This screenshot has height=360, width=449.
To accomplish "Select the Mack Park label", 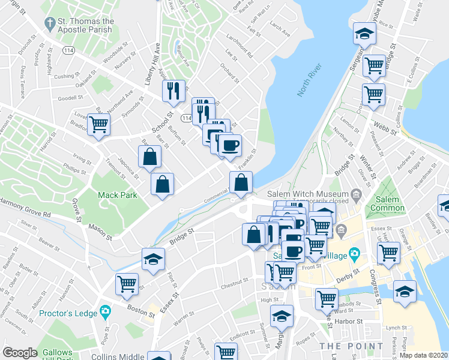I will pyautogui.click(x=118, y=195).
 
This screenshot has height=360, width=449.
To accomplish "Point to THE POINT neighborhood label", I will pyautogui.click(x=351, y=346).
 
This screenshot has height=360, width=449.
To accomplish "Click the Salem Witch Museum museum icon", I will pyautogui.click(x=357, y=194).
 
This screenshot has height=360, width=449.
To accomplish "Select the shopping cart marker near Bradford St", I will pyautogui.click(x=98, y=125).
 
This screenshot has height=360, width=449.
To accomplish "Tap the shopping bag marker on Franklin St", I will pyautogui.click(x=241, y=182).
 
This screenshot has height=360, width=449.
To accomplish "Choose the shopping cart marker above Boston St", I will pyautogui.click(x=127, y=284).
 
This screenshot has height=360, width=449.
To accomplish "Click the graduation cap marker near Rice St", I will pyautogui.click(x=363, y=33).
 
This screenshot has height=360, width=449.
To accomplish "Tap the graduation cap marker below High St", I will pyautogui.click(x=281, y=315).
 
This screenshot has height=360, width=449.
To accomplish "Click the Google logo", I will pyautogui.click(x=20, y=353).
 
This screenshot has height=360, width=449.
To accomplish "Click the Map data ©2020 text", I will pyautogui.click(x=423, y=355).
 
